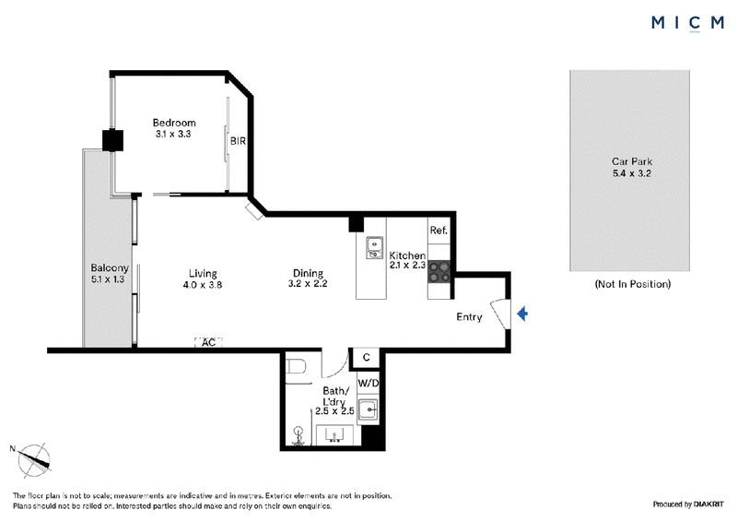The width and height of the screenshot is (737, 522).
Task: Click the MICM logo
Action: [687, 23]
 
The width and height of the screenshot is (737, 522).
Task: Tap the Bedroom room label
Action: [174, 123]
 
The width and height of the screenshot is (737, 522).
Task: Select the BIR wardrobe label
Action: [238, 141]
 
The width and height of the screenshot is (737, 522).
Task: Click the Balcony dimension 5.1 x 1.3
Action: [108, 279]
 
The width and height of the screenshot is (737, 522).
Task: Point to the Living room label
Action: [203, 274]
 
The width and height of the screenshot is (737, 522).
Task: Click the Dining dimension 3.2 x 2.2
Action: [308, 283]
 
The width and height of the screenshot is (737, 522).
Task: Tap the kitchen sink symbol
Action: [374, 247]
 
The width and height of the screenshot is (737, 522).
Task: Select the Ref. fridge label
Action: [439, 231]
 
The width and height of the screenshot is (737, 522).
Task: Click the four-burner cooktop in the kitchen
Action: [439, 271]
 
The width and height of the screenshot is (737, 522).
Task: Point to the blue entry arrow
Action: [522, 314]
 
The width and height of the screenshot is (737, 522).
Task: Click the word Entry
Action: [469, 316]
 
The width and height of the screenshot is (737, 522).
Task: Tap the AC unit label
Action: [208, 342]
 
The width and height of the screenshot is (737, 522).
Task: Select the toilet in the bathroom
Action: [296, 366]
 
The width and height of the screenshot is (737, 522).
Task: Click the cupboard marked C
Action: [366, 358]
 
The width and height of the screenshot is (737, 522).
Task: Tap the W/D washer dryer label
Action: [368, 383]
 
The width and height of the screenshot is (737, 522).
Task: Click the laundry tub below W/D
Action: [368, 409]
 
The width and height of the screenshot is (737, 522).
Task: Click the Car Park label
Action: [632, 161]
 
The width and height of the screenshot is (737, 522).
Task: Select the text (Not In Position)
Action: [633, 284]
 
